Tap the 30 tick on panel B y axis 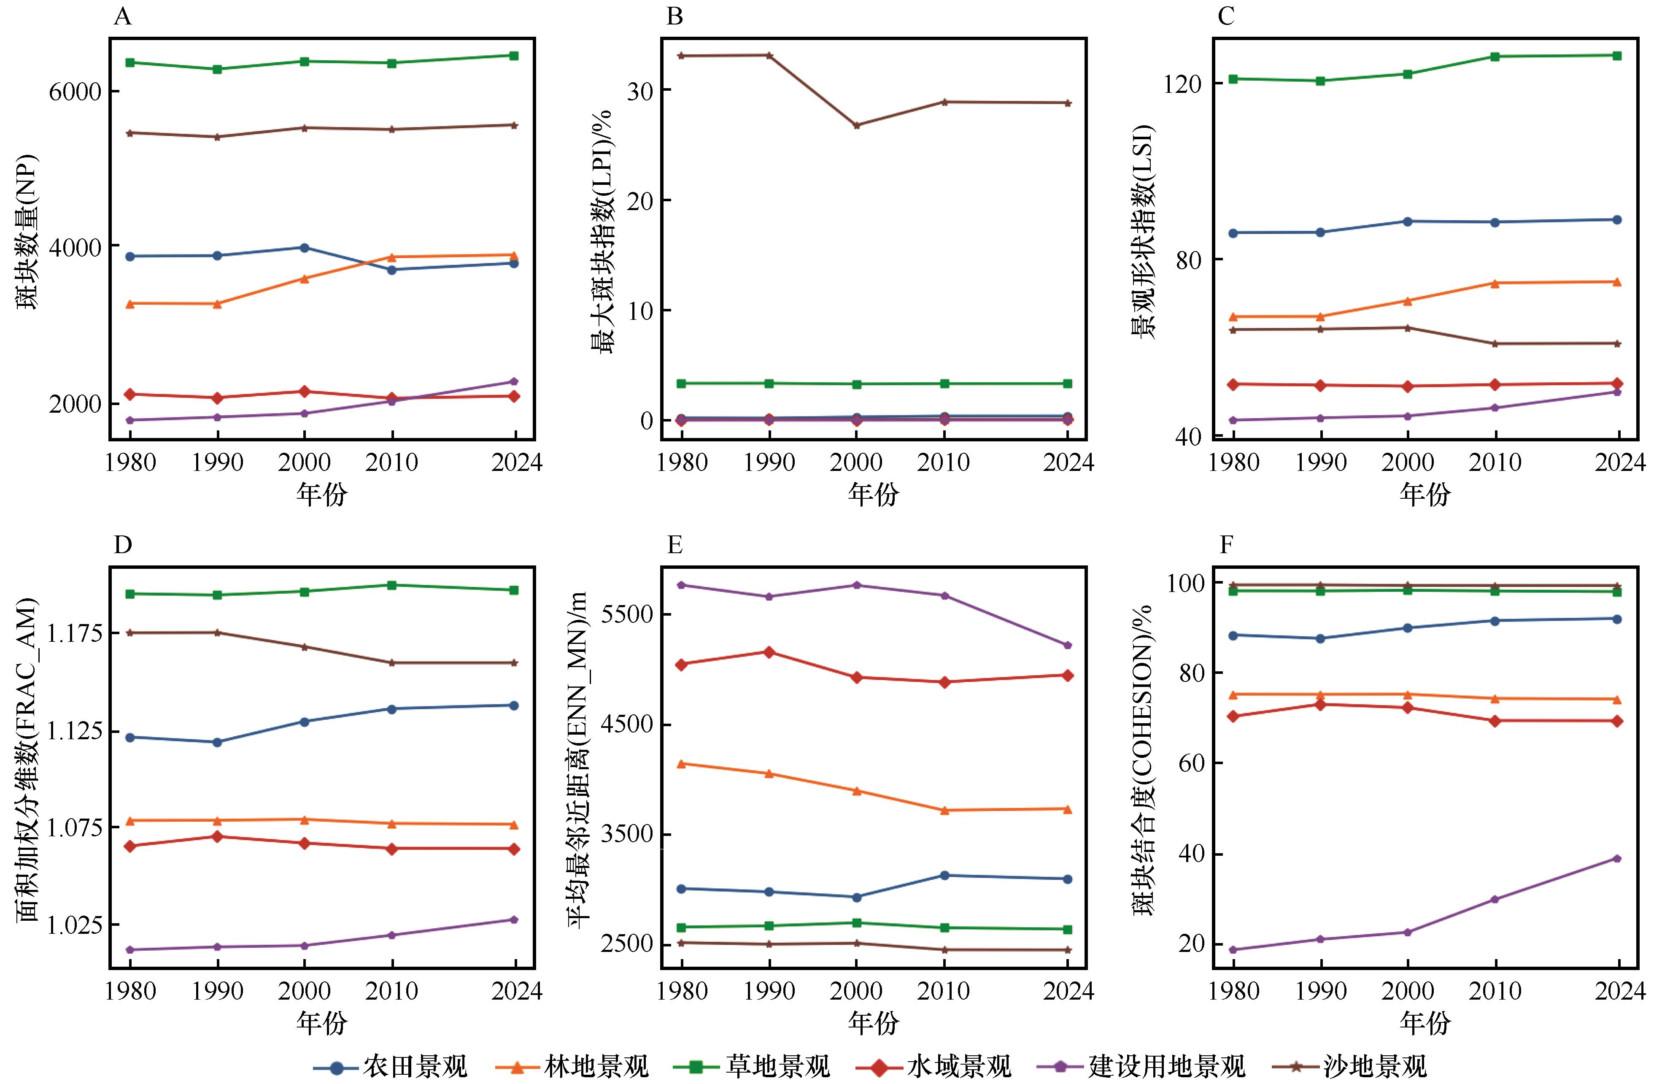pyautogui.click(x=639, y=90)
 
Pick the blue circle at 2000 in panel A pyautogui.click(x=305, y=247)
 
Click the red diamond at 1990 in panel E pyautogui.click(x=769, y=651)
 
